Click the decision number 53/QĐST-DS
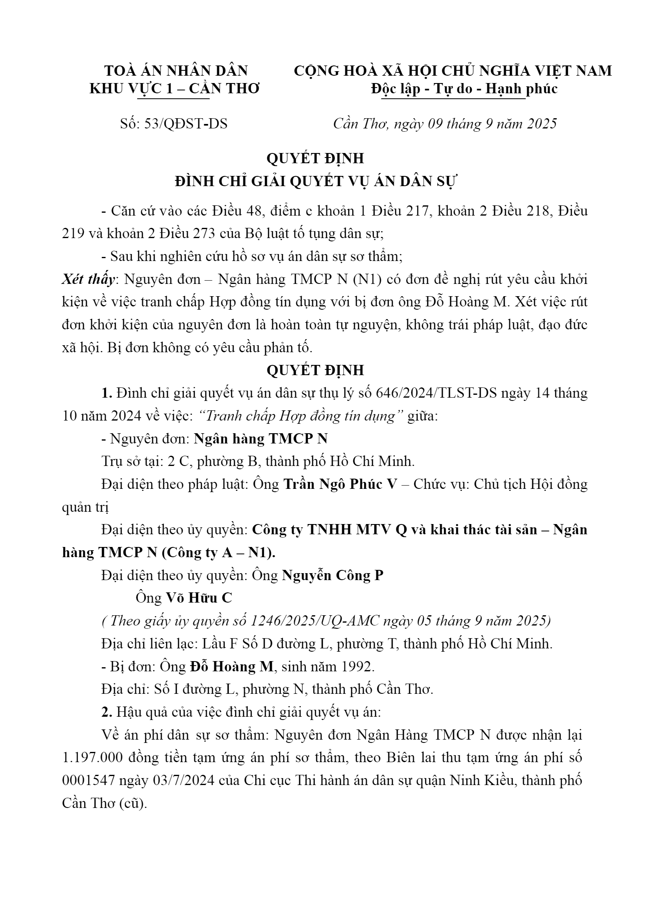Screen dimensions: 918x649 coord(186,124)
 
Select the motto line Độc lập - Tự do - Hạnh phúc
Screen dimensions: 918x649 coord(464,89)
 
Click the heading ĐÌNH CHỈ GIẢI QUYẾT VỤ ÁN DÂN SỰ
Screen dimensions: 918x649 coord(315,181)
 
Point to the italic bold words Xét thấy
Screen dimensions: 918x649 coord(88,279)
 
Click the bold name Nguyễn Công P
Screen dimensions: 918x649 coord(333,576)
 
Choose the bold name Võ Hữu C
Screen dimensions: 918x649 coord(199,598)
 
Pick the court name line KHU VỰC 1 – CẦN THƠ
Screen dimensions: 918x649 coord(175,89)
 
